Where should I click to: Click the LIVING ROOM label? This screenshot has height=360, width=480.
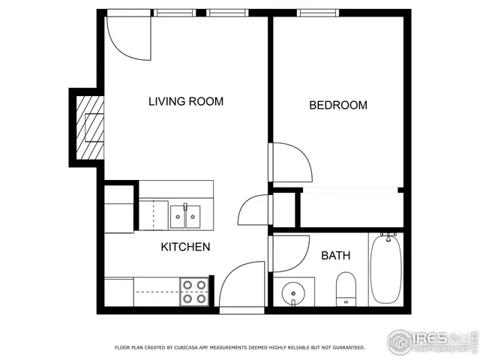[x=185, y=101]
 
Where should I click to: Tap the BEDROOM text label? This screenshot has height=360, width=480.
[x=338, y=105]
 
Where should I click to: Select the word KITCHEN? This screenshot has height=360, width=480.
[x=185, y=247]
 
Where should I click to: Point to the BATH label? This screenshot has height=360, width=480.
[x=335, y=256]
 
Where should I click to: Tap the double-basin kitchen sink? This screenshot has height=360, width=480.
[x=185, y=216]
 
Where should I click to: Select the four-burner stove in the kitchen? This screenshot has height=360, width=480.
[x=194, y=291]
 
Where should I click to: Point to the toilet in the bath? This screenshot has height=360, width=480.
[x=346, y=288]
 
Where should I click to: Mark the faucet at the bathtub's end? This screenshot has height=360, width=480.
[x=388, y=236]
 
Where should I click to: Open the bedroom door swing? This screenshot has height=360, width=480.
[x=291, y=160]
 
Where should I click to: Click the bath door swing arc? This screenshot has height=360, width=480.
[x=290, y=253]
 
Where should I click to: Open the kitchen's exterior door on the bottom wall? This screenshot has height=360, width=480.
[x=241, y=286]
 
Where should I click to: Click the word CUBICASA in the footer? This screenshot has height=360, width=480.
[x=192, y=347]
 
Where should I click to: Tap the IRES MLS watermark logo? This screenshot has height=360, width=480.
[x=430, y=340]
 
